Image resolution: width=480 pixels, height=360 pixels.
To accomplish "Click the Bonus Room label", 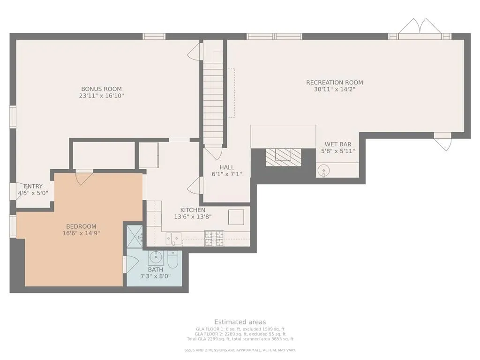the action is tap(101, 89).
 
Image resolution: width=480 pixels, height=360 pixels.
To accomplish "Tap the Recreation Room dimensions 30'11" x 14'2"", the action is tap(334, 90).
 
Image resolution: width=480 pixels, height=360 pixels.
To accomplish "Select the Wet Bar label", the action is tap(338, 144).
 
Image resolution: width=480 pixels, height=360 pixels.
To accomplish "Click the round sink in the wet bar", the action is tap(323, 169).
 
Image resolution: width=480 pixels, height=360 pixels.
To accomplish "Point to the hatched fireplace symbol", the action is tap(284, 157).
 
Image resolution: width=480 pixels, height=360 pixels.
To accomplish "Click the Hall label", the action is tap(227, 167).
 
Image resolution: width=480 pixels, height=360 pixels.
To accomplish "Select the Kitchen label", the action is tap(193, 210).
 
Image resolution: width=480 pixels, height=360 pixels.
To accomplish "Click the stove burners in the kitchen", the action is tap(214, 238).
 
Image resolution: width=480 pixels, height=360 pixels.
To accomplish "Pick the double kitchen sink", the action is tap(173, 239).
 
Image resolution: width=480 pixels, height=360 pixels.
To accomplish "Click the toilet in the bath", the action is tap(172, 260).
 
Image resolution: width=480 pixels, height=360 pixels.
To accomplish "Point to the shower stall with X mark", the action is tap(135, 237).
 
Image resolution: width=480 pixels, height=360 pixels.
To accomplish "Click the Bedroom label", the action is tap(81, 226).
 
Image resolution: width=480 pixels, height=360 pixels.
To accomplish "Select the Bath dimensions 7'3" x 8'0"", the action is tap(156, 276).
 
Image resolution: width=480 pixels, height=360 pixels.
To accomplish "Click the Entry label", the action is tap(33, 187).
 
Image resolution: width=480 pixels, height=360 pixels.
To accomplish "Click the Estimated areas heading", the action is tap(240, 322).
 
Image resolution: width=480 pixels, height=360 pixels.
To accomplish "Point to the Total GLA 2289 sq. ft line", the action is tap(240, 339).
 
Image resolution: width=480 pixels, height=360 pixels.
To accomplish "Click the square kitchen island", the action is tap(236, 217).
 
